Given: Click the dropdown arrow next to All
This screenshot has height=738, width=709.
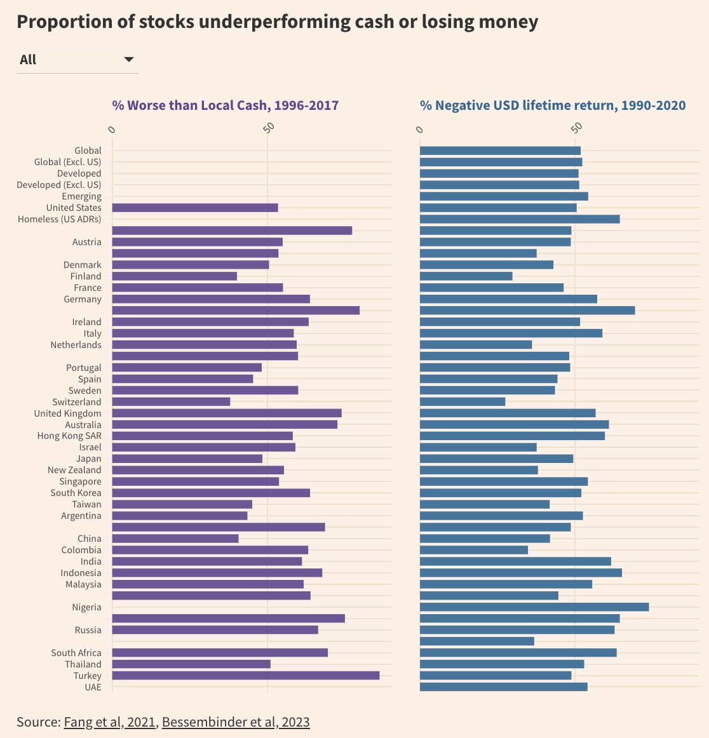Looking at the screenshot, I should [x=129, y=60].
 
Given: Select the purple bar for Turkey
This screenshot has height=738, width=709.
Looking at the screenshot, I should [x=245, y=675].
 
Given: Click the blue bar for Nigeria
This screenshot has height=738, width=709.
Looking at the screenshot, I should [x=534, y=607].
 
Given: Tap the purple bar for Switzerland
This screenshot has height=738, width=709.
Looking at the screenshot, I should [x=171, y=402].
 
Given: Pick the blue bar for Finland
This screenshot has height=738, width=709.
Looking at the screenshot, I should [x=466, y=276].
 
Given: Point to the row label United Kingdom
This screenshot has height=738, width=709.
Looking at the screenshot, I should [x=67, y=413].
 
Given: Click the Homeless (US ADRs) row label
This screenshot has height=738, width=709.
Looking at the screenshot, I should [x=59, y=219].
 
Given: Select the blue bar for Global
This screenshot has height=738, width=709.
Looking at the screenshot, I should [x=500, y=151].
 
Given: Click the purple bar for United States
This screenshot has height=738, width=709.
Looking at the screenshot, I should [x=194, y=208].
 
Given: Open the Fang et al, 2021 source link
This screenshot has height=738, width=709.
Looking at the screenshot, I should [x=109, y=722].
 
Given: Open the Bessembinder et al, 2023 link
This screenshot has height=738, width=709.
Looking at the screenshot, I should [x=236, y=722].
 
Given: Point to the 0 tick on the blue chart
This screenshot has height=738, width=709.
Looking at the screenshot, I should [x=419, y=130].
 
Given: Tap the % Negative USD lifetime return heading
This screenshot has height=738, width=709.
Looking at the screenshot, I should [x=552, y=105].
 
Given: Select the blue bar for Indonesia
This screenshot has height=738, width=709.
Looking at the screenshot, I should [x=520, y=573].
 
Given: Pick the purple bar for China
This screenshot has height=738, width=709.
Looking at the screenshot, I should [x=175, y=539].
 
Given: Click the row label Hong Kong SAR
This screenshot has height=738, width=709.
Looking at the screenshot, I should [x=69, y=436].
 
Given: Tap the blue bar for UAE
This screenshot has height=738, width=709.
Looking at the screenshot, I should [x=503, y=687].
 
